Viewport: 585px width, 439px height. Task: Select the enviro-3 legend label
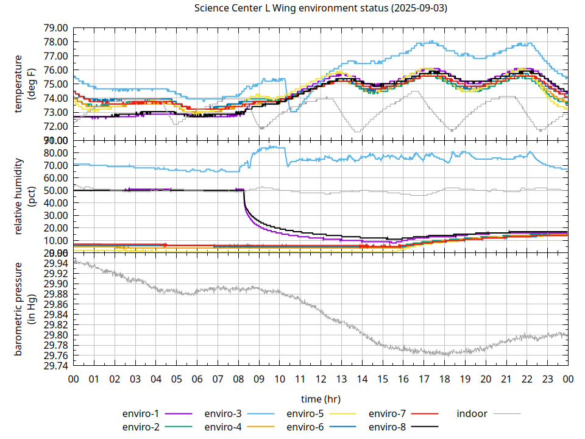tap(223, 413)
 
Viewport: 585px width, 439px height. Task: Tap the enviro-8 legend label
tap(388, 426)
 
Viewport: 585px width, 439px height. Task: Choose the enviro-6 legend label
tap(305, 426)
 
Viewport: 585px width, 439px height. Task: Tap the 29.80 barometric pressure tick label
tap(56, 335)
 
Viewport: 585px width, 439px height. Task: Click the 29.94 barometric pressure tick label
tap(56, 263)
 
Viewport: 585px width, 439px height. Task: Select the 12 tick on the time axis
tap(321, 379)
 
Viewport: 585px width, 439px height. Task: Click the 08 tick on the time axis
tap(238, 379)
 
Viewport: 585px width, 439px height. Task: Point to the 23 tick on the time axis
tap(547, 379)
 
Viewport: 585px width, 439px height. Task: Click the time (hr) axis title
tap(321, 399)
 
